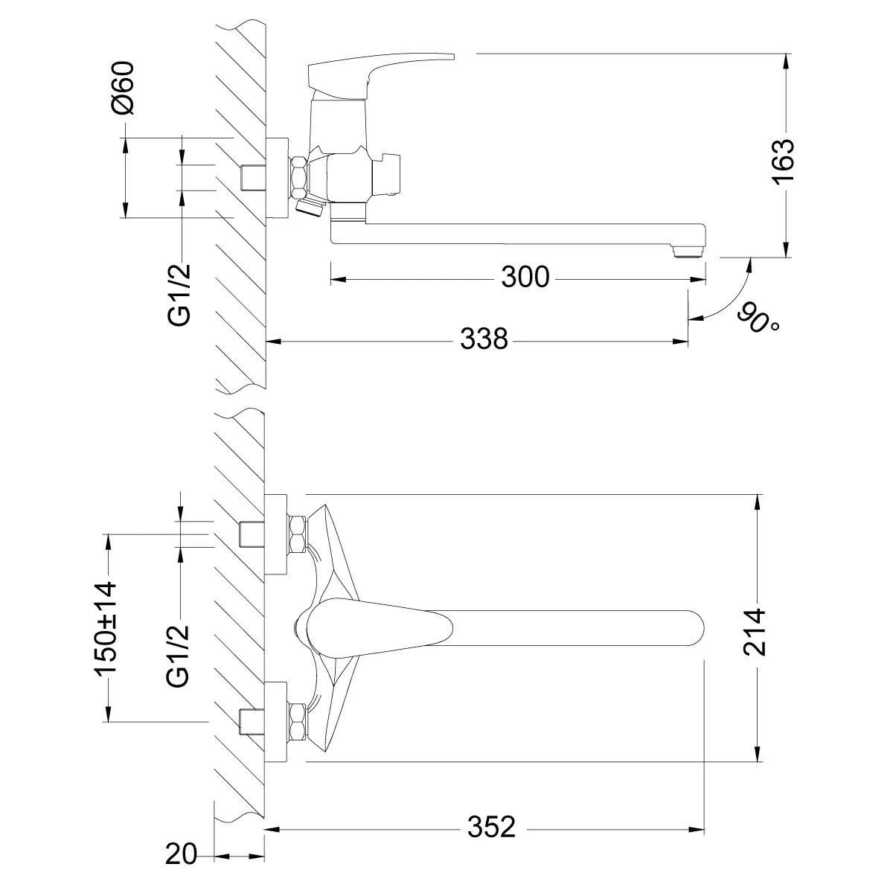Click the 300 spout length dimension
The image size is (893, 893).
tap(525, 277)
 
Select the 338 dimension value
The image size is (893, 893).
tap(484, 339)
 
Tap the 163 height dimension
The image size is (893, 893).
tap(783, 161)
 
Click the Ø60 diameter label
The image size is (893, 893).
tap(123, 88)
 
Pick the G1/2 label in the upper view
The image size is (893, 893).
tap(179, 295)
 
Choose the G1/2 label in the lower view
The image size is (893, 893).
tap(179, 656)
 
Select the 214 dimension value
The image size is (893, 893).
tap(754, 633)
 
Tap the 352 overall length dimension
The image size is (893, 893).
tap(491, 827)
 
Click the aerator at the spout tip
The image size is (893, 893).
tap(688, 252)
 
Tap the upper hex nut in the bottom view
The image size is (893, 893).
tap(298, 534)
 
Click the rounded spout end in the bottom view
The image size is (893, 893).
tap(693, 628)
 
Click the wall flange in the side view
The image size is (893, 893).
tap(277, 178)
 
